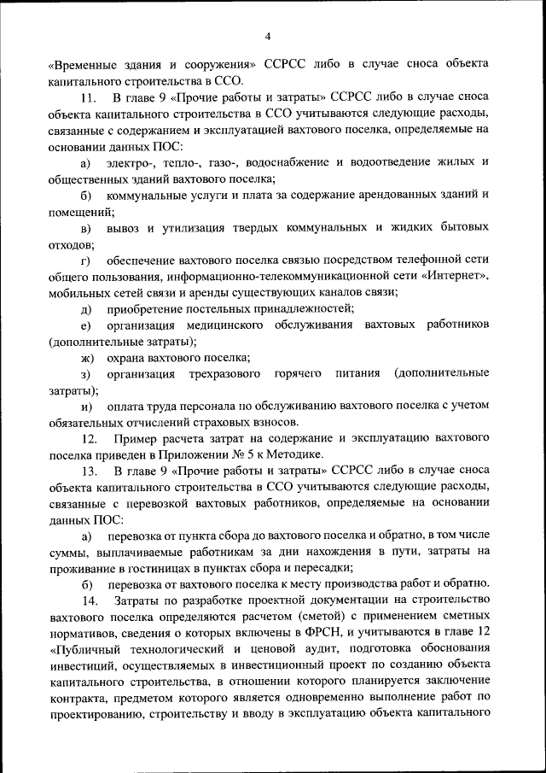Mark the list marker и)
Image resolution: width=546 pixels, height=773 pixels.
click(x=86, y=407)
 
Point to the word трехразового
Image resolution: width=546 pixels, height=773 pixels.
click(x=226, y=374)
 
